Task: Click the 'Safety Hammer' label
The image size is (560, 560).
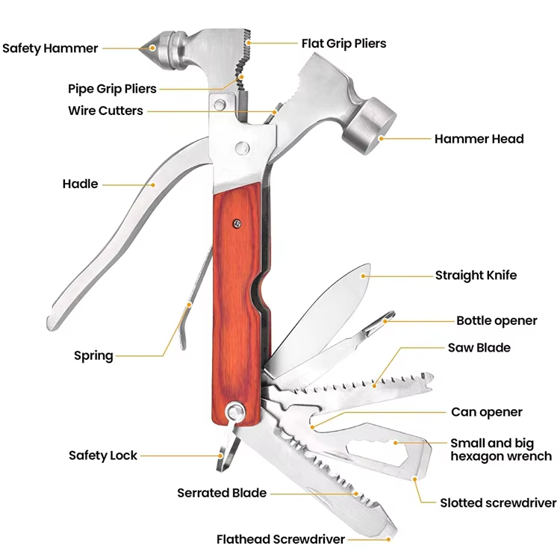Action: tap(50, 49)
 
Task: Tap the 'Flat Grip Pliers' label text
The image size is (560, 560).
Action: tap(343, 43)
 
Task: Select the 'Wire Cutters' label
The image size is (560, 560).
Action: tap(105, 111)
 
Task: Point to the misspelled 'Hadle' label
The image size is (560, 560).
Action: tap(80, 184)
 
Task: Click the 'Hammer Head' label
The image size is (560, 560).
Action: tap(479, 139)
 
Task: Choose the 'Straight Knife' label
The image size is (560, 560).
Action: tap(476, 276)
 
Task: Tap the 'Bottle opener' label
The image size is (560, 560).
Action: tap(497, 321)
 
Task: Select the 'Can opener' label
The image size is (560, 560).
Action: tap(487, 412)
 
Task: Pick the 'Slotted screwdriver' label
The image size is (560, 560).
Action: tap(498, 503)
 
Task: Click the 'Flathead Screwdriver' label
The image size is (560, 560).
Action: tap(281, 539)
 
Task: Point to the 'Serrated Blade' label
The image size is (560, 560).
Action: tap(222, 493)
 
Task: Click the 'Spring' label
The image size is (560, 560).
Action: tap(93, 355)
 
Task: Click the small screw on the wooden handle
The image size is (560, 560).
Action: tap(236, 221)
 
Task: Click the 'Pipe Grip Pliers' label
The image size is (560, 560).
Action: tap(112, 89)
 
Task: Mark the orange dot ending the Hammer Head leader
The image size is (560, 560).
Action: tap(381, 138)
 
